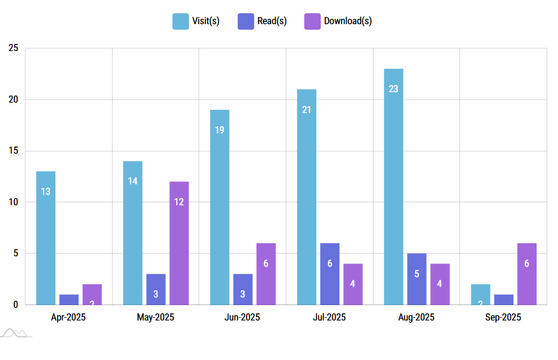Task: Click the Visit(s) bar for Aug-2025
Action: (x=393, y=187)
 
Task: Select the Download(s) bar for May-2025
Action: (x=179, y=243)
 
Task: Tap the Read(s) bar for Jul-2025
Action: (x=330, y=274)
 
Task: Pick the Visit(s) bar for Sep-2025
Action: (x=481, y=295)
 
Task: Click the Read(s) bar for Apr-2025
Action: (x=69, y=300)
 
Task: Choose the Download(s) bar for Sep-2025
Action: (x=527, y=274)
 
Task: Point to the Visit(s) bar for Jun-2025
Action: (x=220, y=207)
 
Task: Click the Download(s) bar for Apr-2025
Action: (x=92, y=295)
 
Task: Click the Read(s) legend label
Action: (x=272, y=21)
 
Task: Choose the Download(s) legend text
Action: (x=348, y=21)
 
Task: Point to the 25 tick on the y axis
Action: (x=14, y=48)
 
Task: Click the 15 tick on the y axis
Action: (x=14, y=151)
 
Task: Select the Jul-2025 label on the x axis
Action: (x=330, y=317)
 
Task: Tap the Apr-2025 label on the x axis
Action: (x=69, y=317)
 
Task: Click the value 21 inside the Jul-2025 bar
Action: (x=306, y=110)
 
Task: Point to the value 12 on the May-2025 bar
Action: (x=179, y=202)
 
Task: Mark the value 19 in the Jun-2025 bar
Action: (x=220, y=130)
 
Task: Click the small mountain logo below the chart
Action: (x=15, y=333)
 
